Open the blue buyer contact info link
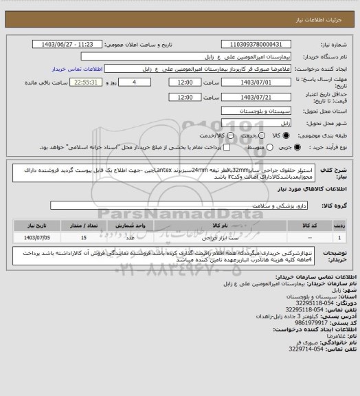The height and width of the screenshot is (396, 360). pyautogui.click(x=76, y=69)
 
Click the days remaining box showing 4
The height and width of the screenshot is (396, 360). pyautogui.click(x=141, y=82)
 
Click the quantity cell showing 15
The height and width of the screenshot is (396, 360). pyautogui.click(x=84, y=237)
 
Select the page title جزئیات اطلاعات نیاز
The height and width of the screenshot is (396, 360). pyautogui.click(x=324, y=7)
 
